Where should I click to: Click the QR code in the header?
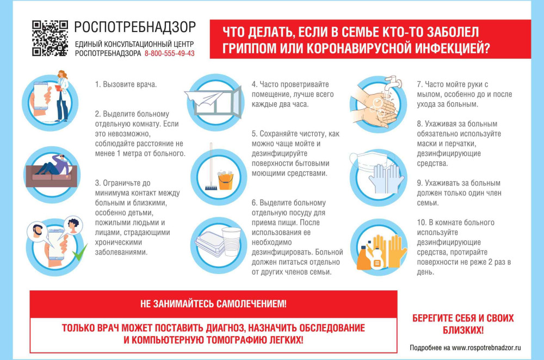point(50,38)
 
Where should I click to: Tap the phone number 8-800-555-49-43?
point(169,54)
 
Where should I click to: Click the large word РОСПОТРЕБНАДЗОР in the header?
point(135,27)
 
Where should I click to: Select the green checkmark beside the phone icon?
point(80,251)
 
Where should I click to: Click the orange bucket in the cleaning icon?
point(224,180)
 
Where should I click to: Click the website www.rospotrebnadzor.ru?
point(486,347)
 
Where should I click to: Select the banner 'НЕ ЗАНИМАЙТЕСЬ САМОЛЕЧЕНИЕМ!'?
point(213,303)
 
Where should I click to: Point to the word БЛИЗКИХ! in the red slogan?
point(462,330)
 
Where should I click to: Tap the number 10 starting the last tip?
point(421,222)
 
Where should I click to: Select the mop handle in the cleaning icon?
point(210,165)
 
